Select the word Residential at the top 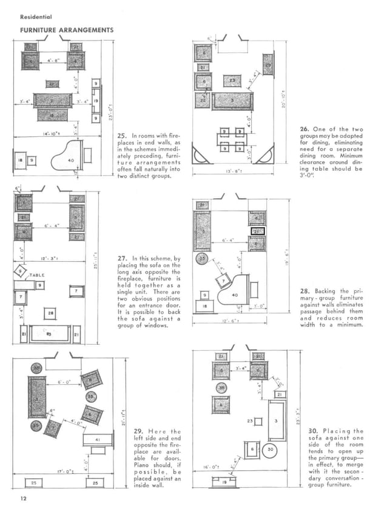coord(36,16)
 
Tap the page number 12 coord(23,499)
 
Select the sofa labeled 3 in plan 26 coord(234,100)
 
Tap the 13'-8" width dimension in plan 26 coord(232,171)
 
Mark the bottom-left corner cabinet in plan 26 coord(201,155)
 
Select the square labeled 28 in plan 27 coord(51,313)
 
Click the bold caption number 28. coord(307,291)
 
